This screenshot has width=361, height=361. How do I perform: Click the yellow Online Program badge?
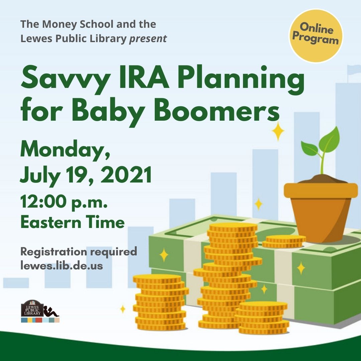[316, 36]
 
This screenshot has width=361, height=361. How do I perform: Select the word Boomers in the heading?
[217, 109]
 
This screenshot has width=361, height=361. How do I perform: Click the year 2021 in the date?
[126, 174]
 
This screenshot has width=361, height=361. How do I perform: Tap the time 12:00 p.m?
[64, 202]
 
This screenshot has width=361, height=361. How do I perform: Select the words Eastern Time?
[73, 222]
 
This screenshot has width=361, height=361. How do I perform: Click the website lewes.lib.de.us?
[62, 265]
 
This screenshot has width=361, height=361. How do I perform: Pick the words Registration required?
[79, 251]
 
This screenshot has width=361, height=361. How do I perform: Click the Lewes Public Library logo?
[40, 311]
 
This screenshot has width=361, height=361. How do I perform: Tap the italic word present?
[148, 39]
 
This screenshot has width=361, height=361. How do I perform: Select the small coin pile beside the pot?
[284, 241]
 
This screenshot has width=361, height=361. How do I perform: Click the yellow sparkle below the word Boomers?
[278, 131]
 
